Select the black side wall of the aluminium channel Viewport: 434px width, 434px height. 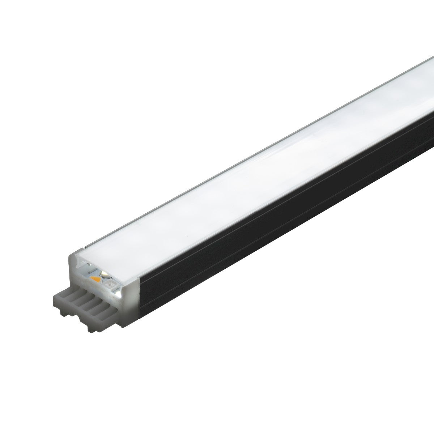tap(289, 217)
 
